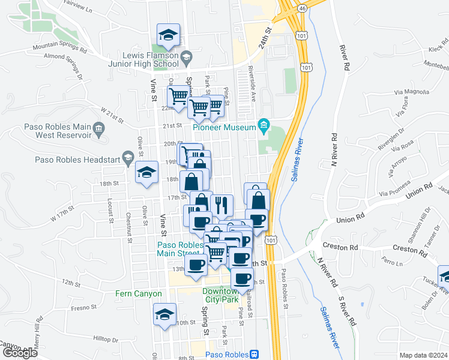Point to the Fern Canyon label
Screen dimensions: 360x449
tap(139, 294)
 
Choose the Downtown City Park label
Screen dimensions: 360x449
tap(220, 294)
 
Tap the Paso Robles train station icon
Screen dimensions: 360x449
tap(255, 354)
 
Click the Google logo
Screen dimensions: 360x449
tap(19, 353)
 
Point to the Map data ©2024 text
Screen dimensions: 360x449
tap(423, 355)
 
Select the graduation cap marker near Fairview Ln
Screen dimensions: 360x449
tap(169, 35)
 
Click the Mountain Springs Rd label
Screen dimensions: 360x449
tap(60, 46)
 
